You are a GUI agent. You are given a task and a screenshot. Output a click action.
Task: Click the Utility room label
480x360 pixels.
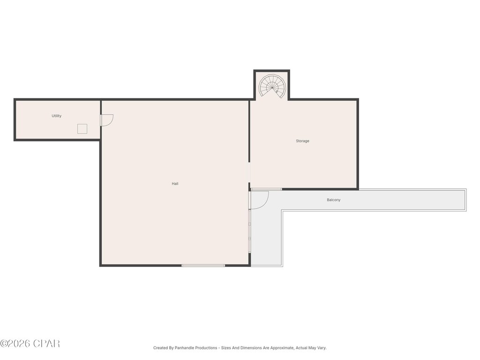(x=56, y=116)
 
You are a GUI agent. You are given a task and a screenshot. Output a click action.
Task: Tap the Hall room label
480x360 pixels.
(x=175, y=184)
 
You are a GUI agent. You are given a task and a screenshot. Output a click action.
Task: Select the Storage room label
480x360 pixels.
(x=302, y=141)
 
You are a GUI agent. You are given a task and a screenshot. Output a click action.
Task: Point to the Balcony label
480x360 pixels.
(x=334, y=200)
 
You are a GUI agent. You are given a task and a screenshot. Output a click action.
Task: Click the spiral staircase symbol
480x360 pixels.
(x=272, y=86)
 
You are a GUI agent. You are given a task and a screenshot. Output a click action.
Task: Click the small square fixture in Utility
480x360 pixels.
(x=82, y=129)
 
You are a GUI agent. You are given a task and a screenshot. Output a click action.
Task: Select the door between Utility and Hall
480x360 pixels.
(x=106, y=120)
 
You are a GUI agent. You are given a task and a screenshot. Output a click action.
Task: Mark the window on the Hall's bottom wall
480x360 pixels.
(x=203, y=265)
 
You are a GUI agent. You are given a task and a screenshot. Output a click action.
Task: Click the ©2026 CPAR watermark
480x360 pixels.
(x=30, y=344)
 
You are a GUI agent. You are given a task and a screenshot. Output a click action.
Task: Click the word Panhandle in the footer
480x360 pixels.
(x=186, y=348)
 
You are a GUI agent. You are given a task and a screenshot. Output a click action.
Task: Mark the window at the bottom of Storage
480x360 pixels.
(x=266, y=189)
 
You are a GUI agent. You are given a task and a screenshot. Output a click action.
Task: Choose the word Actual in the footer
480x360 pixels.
(x=301, y=348)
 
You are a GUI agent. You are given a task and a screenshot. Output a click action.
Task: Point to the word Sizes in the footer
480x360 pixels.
(x=226, y=348)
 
